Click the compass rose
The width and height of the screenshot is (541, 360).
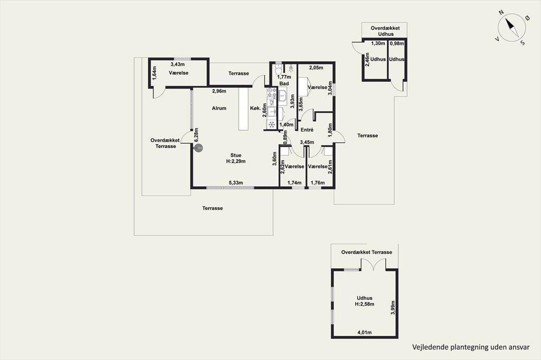(512, 27)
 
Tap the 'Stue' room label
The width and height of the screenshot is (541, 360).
(236, 155)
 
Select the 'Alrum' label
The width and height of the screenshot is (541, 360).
(219, 108)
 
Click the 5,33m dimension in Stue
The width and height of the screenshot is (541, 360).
(236, 183)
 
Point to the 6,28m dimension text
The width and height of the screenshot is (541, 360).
(197, 135)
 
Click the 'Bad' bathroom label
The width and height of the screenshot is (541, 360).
(284, 84)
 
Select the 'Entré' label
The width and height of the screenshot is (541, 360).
(307, 130)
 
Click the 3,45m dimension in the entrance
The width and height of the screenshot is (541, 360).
(307, 142)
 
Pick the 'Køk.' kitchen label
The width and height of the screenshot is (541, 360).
(255, 108)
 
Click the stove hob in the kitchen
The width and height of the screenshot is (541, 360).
(272, 93)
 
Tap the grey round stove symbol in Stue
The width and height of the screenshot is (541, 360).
(199, 148)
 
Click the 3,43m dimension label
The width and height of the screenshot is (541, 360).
(178, 64)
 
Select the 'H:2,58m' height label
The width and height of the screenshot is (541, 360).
(365, 304)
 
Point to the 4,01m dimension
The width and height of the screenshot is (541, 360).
(365, 333)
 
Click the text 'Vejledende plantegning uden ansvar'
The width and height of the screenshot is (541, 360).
(471, 347)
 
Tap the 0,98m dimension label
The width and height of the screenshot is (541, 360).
(396, 43)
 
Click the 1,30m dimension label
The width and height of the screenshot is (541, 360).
(378, 43)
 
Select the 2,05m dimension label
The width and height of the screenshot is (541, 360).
(316, 68)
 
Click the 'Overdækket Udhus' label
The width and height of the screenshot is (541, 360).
(385, 31)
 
